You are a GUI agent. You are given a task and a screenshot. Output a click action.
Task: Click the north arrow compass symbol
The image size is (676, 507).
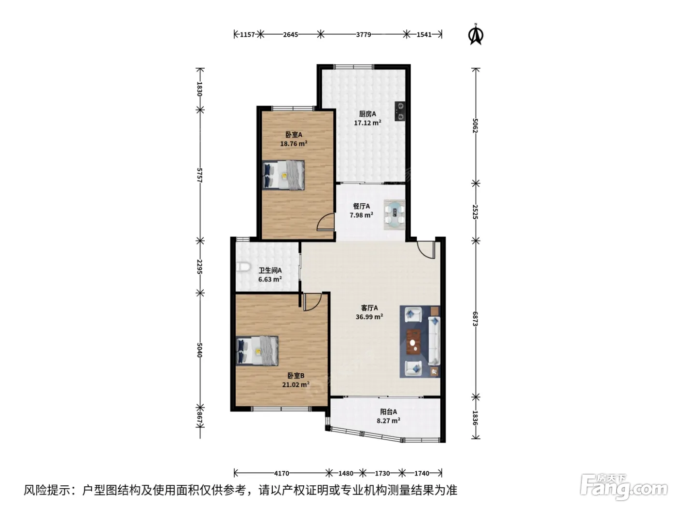coord(476,34)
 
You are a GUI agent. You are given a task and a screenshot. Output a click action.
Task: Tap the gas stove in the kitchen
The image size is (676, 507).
coord(400,112)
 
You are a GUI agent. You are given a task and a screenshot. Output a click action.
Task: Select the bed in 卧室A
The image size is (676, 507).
coord(283,175)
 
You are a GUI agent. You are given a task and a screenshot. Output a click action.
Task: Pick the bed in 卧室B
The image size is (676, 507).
coord(257,351)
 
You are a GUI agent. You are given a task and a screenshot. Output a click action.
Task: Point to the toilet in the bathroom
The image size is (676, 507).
coord(243,267)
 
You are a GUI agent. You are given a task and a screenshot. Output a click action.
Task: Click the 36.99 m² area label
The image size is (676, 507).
coord(369,317)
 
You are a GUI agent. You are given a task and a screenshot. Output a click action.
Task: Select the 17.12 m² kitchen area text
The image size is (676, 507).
coord(367,123)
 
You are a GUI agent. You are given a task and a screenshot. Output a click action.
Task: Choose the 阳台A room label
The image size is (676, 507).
coord(388,411)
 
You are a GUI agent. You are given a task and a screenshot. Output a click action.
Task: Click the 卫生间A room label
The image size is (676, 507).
coord(270,270)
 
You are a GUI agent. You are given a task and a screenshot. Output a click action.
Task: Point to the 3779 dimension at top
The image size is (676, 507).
coord(364,34)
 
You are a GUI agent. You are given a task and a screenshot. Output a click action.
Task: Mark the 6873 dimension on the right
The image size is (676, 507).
coord(475,319)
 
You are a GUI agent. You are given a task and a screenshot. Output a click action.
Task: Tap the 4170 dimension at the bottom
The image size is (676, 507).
coord(282,473)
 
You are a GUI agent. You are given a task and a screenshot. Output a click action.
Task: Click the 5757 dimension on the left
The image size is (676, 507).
coord(199,175)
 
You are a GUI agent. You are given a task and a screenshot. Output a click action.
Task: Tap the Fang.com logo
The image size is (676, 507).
coord(624,487)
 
